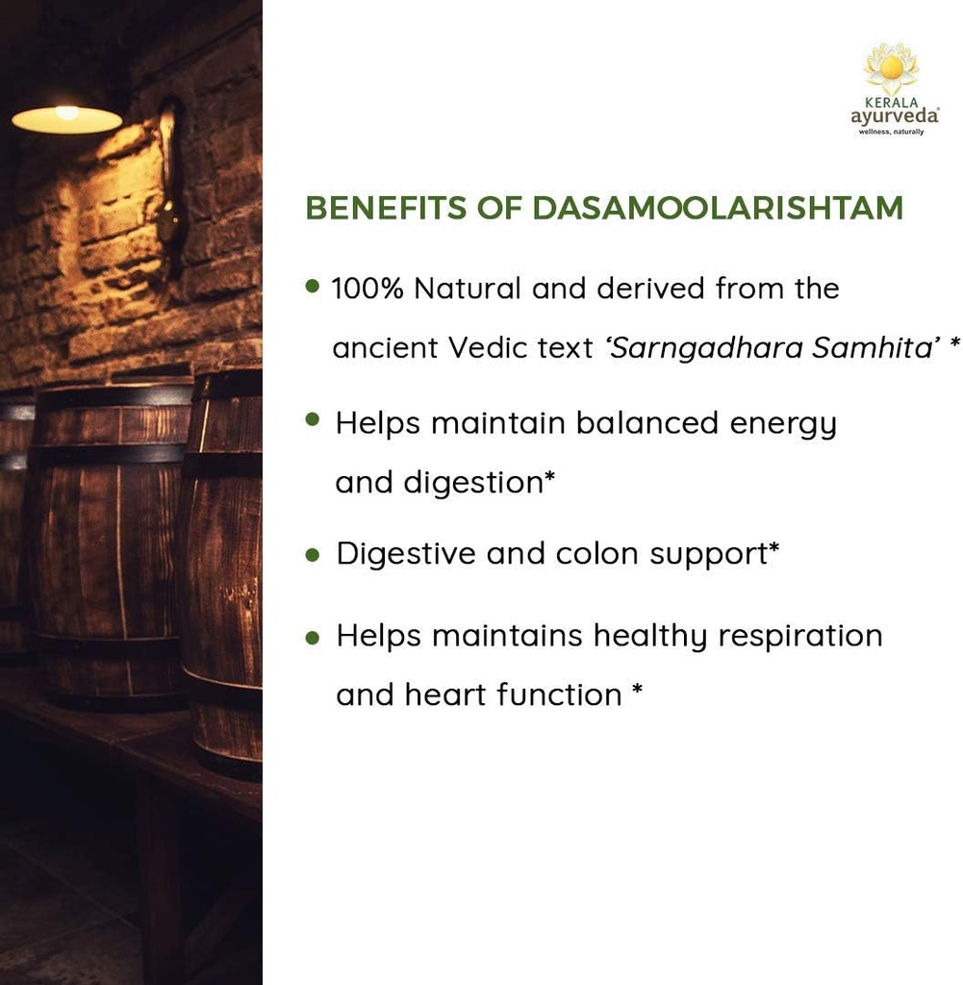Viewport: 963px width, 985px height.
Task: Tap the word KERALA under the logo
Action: pyautogui.click(x=891, y=101)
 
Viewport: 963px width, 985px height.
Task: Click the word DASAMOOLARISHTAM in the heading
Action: pyautogui.click(x=717, y=208)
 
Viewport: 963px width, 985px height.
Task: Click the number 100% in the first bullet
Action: pyautogui.click(x=367, y=289)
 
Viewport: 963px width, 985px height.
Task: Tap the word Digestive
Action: pyautogui.click(x=406, y=554)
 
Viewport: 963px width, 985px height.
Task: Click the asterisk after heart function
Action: pyautogui.click(x=637, y=691)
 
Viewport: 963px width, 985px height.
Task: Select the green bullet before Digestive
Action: pyautogui.click(x=313, y=555)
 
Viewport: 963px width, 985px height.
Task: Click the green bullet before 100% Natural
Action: pyautogui.click(x=313, y=286)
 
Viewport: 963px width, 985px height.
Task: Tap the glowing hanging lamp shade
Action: pyautogui.click(x=66, y=118)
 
